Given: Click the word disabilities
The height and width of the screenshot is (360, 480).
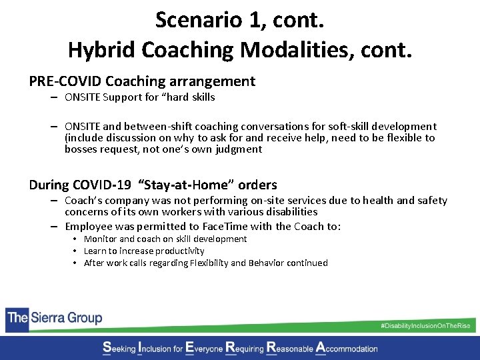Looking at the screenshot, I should pyautogui.click(x=289, y=211).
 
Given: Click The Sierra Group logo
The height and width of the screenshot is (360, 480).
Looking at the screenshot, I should pyautogui.click(x=55, y=317).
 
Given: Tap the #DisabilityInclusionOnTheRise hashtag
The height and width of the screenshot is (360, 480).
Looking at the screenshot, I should pyautogui.click(x=425, y=325).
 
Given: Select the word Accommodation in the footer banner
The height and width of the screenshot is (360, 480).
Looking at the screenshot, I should pyautogui.click(x=346, y=347).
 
